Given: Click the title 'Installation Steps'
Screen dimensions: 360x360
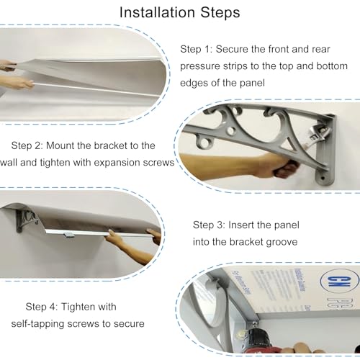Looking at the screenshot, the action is coord(180,13).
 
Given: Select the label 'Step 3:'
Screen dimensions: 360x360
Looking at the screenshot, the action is coord(209,225).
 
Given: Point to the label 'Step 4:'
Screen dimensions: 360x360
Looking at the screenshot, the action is coord(42,307).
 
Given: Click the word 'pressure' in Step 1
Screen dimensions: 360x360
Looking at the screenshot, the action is coord(200,66).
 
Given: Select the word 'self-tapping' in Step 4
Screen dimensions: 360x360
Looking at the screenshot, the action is coord(38,324).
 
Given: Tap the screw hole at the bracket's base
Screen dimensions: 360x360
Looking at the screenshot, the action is coord(323,179).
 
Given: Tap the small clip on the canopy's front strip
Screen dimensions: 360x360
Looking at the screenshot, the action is coord(69,235).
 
